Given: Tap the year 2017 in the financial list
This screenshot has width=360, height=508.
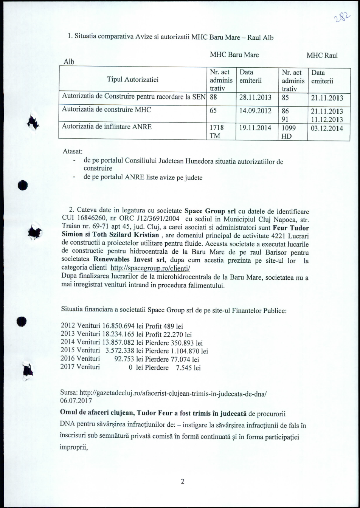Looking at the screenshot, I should [x=68, y=366].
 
